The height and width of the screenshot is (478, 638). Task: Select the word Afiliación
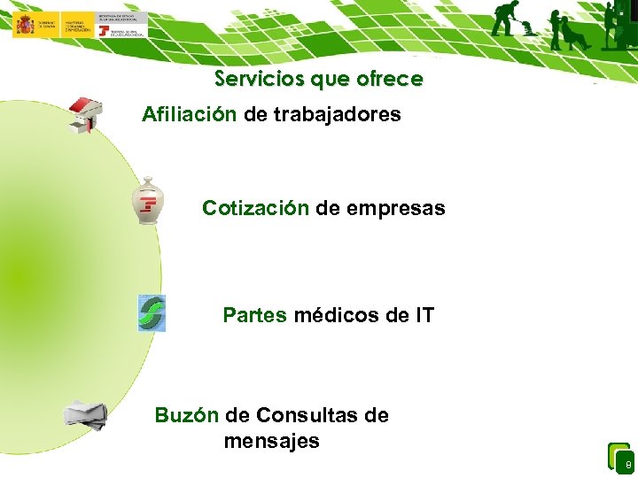(x=189, y=114)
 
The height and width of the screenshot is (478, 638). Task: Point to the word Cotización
(x=255, y=208)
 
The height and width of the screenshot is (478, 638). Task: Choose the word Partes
(x=254, y=315)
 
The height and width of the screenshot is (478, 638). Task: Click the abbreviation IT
(x=423, y=315)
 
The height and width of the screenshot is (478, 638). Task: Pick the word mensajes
(x=271, y=441)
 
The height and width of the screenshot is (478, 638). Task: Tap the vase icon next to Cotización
(x=146, y=200)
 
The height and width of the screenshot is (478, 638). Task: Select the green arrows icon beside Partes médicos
(x=151, y=313)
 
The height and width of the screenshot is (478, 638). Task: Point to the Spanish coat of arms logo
(x=24, y=24)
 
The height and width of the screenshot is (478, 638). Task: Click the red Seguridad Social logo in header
(x=105, y=31)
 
